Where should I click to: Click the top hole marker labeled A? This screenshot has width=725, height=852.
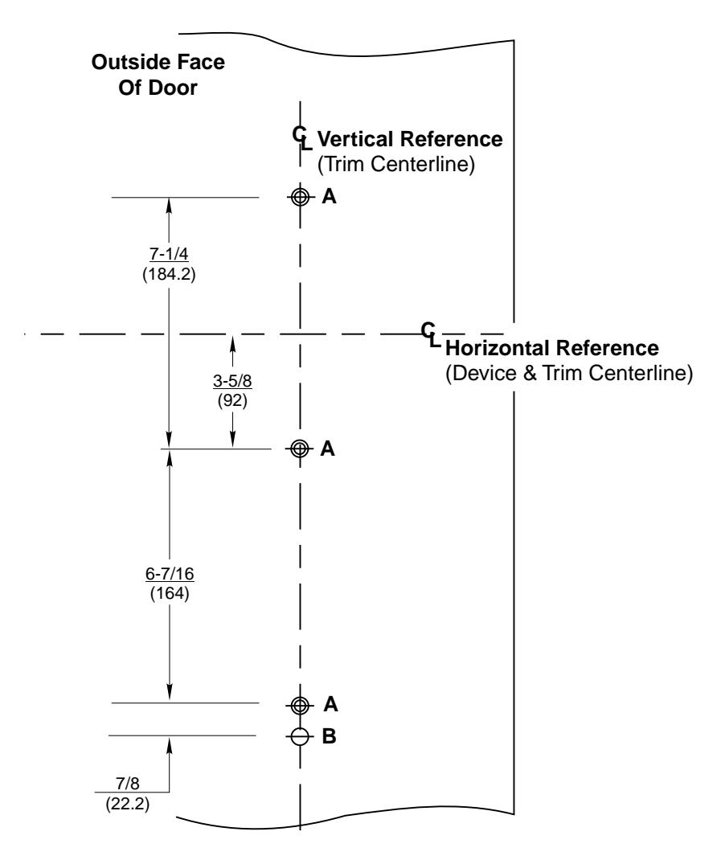[x=301, y=197]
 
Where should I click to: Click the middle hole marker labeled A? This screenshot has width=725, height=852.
[x=301, y=449]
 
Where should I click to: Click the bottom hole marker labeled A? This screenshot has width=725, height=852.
[x=301, y=705]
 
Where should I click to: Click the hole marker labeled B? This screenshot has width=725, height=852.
[x=301, y=735]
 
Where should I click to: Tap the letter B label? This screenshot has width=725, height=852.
[x=328, y=735]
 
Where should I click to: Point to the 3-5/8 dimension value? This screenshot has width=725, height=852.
[x=231, y=382]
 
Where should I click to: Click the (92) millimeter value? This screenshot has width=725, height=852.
[x=231, y=399]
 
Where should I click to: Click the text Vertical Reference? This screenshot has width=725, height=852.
[x=411, y=139]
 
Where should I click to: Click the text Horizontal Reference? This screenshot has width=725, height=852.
[x=551, y=350]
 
